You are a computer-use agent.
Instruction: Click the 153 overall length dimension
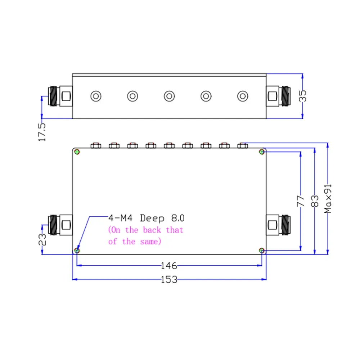(x=169, y=279)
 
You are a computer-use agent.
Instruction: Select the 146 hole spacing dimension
(x=169, y=266)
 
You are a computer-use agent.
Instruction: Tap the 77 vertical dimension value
(x=301, y=201)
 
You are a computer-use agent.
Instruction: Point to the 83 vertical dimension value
(x=315, y=201)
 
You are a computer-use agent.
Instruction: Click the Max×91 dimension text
(x=328, y=199)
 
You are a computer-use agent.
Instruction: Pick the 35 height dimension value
(x=303, y=96)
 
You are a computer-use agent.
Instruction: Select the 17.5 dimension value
(x=42, y=132)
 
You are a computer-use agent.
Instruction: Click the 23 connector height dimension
(x=42, y=240)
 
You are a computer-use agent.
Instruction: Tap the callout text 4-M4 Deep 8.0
(x=147, y=218)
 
